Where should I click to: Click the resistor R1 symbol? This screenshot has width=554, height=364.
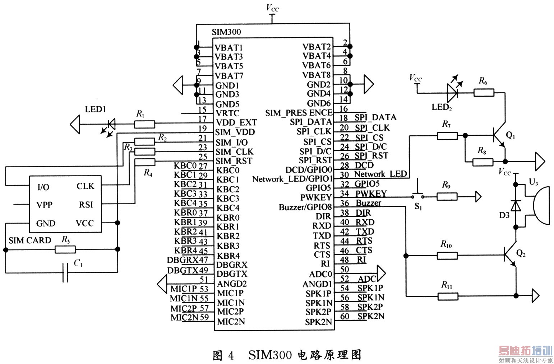tap(144, 124)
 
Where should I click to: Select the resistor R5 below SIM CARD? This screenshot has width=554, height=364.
tap(65, 249)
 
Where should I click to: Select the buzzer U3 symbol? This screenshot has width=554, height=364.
tap(541, 205)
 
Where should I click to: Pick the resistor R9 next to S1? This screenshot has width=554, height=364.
tap(447, 196)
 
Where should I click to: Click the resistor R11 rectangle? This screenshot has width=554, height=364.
tap(448, 296)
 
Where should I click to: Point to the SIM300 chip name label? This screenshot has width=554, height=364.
tap(226, 32)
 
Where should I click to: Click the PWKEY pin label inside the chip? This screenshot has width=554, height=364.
tap(316, 197)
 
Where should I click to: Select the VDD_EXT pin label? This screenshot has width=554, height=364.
tap(236, 123)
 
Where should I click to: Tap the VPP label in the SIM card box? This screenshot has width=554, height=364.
tap(45, 205)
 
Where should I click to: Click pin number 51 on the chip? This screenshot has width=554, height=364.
tap(204, 280)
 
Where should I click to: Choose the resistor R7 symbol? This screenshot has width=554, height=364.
tap(447, 136)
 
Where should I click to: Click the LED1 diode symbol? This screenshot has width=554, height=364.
tap(111, 125)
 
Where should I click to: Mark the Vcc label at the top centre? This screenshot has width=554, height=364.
tap(272, 8)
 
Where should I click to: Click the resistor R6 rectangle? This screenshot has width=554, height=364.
tap(484, 93)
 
